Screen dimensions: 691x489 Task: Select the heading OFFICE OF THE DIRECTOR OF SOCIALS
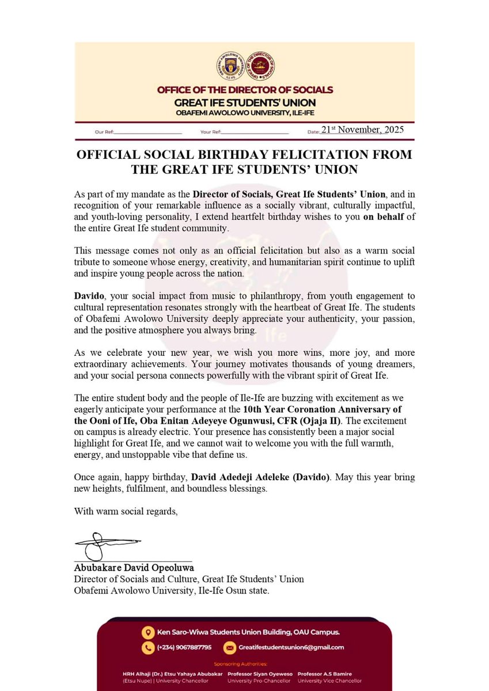[244, 90]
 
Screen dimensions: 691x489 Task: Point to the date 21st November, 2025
[362, 130]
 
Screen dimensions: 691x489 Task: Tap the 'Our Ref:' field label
[104, 132]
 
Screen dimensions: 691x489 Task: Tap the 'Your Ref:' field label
[210, 132]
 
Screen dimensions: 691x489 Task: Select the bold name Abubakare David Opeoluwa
[134, 567]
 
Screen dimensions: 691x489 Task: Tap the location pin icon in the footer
[149, 631]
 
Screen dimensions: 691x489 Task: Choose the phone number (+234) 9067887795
[184, 647]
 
